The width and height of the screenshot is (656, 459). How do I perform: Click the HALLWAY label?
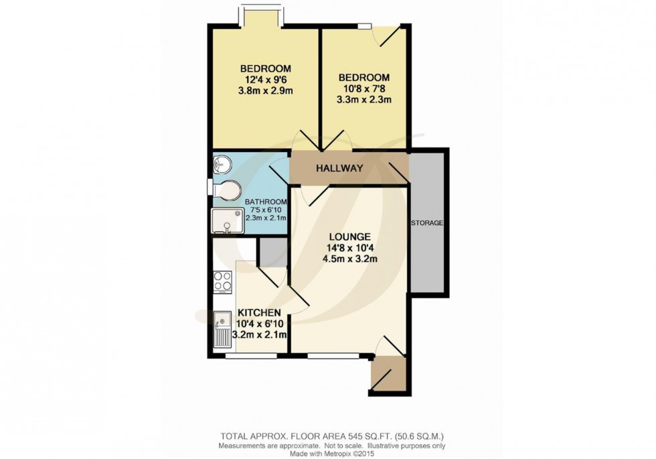[x=339, y=168]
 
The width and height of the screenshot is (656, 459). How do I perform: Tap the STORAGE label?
[x=427, y=222]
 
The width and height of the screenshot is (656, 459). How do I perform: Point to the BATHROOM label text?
[x=266, y=202]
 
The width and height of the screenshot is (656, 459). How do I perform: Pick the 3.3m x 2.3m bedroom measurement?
[x=363, y=100]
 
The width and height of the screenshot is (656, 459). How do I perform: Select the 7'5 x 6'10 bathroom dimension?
[x=266, y=210]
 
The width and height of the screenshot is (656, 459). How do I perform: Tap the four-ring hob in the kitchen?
[x=222, y=282]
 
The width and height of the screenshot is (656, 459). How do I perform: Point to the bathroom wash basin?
[x=222, y=164]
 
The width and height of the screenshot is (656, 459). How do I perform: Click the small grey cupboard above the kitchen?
[x=271, y=252]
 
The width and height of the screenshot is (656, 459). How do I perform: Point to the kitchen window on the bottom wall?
[x=244, y=356]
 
